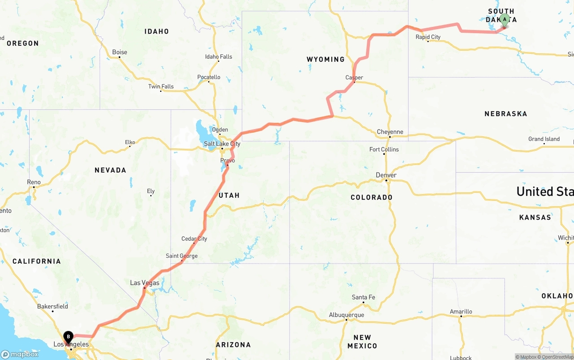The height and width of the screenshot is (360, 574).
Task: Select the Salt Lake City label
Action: tap(222, 144)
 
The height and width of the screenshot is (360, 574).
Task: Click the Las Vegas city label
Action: tap(144, 283)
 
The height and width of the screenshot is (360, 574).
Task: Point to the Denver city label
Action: tap(386, 175)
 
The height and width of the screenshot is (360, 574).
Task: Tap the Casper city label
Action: tap(354, 78)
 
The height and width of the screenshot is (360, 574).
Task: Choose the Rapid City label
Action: tap(428, 37)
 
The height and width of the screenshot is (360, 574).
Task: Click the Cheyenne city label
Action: tap(390, 132)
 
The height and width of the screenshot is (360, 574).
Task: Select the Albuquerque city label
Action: tap(346, 315)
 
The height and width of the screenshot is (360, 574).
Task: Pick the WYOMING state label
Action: tap(326, 59)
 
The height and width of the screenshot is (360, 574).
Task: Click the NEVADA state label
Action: tap(110, 170)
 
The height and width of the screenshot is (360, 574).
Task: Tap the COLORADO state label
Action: tap(371, 197)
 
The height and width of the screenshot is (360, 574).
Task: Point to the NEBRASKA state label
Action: tap(505, 114)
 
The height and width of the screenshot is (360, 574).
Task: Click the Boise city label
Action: tap(119, 52)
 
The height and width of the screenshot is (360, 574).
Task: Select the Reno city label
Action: tap(34, 182)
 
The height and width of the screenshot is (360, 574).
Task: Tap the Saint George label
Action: tap(182, 256)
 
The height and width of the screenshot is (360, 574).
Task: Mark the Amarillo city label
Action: tap(461, 312)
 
